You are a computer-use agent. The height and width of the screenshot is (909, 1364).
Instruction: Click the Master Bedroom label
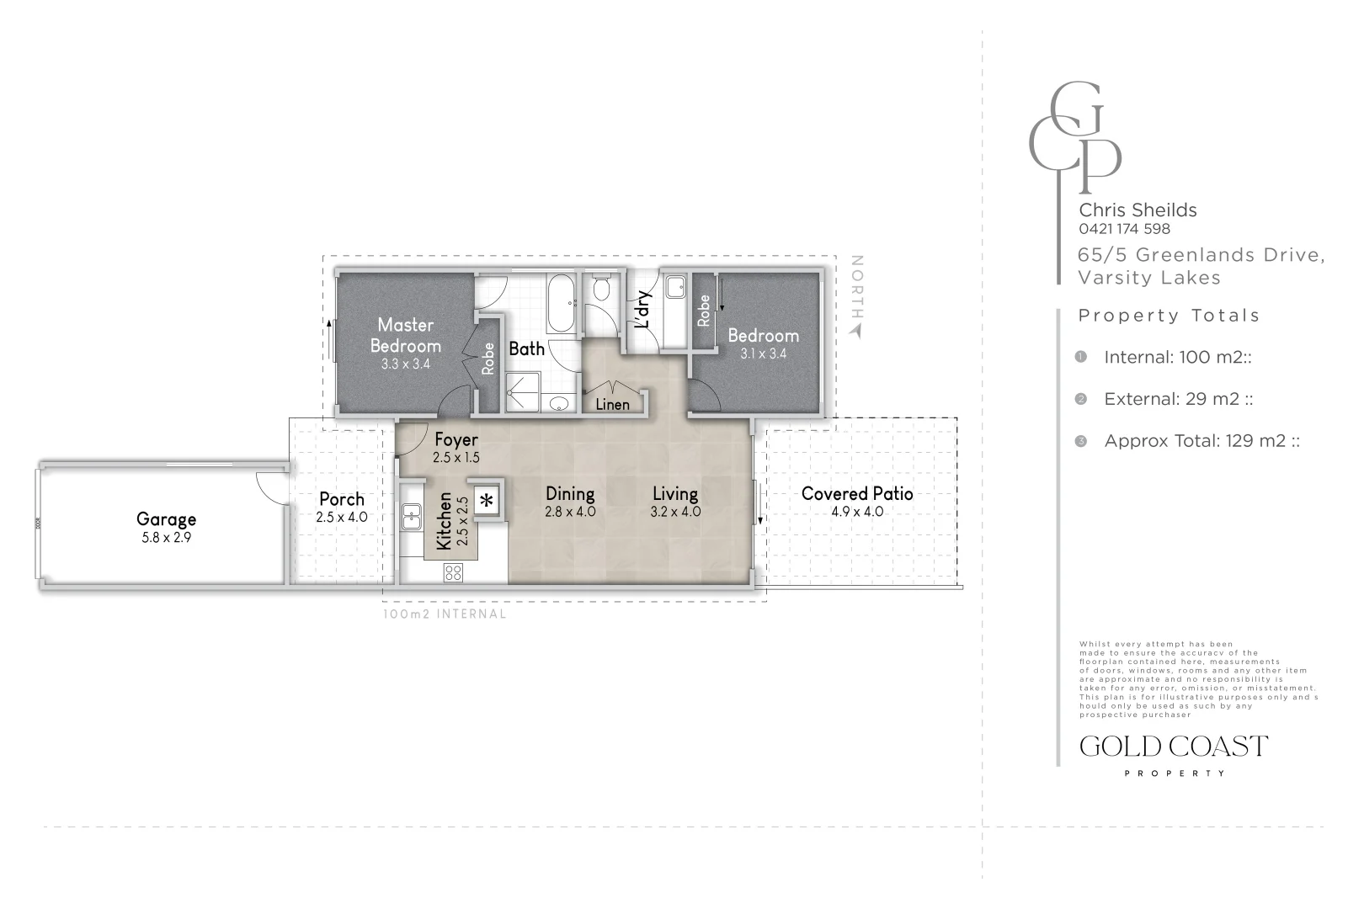click(405, 335)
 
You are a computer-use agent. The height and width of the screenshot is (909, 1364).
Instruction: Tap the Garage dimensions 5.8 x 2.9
click(166, 538)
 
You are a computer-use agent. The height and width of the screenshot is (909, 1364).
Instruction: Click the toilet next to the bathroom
click(600, 291)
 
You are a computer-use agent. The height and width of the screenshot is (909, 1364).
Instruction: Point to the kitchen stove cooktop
click(453, 573)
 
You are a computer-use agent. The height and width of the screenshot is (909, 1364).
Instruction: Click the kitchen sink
click(411, 515)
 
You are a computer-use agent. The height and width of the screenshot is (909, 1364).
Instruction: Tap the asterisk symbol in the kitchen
click(487, 500)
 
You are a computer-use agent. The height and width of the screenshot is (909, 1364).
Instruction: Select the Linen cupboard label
click(612, 405)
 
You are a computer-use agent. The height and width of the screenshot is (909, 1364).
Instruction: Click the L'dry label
click(642, 310)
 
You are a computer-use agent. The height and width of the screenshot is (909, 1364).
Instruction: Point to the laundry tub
click(674, 289)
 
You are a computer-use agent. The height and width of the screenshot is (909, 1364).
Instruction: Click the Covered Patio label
click(857, 494)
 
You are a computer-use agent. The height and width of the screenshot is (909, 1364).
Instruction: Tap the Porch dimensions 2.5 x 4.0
click(342, 518)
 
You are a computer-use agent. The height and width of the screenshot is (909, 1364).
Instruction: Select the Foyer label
click(456, 439)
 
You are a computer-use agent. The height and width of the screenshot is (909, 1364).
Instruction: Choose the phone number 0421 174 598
click(1124, 229)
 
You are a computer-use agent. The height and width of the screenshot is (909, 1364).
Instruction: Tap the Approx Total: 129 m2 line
click(1201, 441)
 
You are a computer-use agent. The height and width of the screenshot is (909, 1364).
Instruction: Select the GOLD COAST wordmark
click(1173, 747)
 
